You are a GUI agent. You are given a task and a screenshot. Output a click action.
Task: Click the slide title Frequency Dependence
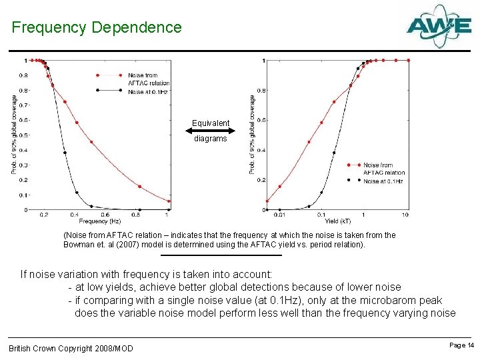[97, 28]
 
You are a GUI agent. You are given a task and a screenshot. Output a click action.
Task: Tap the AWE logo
[439, 26]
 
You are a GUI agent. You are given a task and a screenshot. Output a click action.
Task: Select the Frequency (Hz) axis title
[100, 221]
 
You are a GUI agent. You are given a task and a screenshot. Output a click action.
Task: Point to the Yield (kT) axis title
[337, 221]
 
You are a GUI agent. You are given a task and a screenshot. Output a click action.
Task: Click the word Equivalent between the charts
[211, 123]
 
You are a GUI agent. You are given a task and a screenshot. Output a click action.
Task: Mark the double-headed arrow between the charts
[211, 131]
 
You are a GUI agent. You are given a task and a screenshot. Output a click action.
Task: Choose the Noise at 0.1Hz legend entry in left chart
[147, 91]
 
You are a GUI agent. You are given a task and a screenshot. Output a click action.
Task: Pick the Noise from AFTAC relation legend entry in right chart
[383, 169]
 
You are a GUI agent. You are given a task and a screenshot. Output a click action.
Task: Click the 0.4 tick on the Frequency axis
[75, 215]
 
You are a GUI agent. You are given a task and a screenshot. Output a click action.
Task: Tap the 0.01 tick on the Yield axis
[279, 215]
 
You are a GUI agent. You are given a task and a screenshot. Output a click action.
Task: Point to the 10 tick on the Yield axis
[405, 215]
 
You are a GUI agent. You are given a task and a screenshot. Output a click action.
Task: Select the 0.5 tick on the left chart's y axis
[24, 135]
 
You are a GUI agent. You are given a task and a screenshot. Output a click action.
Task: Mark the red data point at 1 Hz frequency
[169, 201]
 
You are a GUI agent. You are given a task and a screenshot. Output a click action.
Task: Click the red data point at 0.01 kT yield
[267, 201]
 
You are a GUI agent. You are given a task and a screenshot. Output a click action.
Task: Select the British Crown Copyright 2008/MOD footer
[71, 349]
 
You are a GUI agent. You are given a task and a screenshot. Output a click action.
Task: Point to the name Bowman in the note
[80, 245]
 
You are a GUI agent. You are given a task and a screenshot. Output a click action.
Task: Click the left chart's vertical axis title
[14, 135]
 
